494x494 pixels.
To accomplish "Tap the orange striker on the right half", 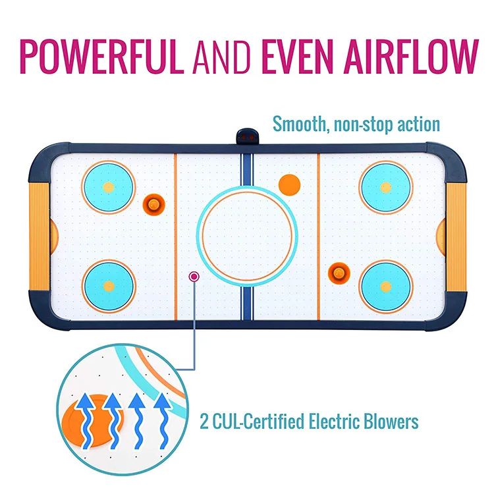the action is [339, 269].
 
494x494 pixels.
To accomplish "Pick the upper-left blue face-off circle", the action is [109, 186].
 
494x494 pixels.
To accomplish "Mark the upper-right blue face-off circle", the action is [385, 186].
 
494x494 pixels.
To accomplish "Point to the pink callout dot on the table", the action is [194, 277].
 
